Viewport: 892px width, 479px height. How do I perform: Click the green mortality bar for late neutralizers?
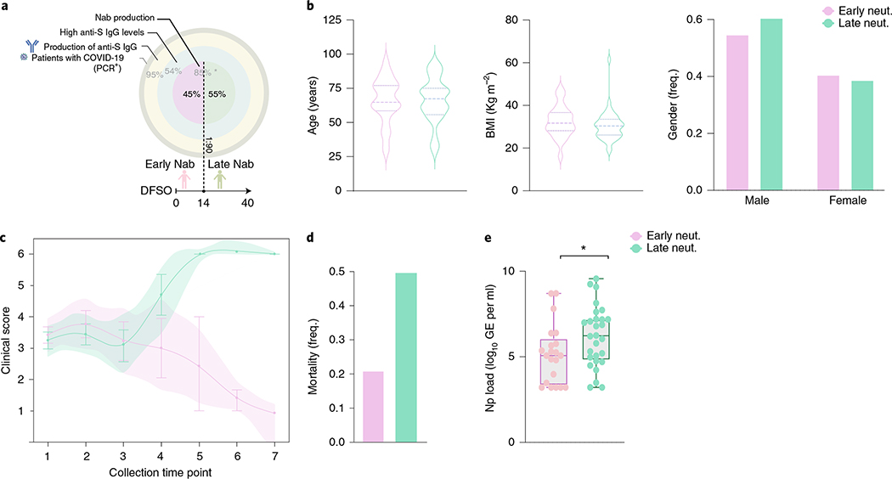(413, 357)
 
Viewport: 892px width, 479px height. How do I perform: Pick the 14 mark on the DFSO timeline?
(205, 203)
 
